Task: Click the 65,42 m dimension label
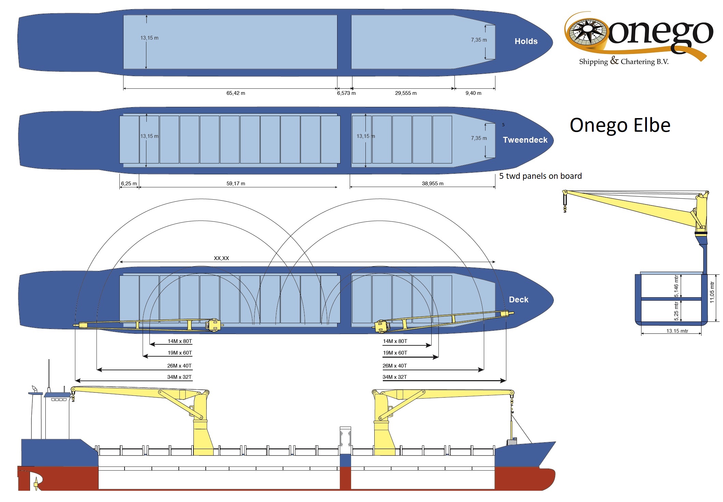tap(236, 93)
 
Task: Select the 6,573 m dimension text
tap(346, 93)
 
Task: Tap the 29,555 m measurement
tap(406, 93)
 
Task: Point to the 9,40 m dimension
tap(473, 93)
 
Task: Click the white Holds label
tap(526, 41)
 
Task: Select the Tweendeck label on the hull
tap(525, 140)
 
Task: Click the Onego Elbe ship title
tap(620, 125)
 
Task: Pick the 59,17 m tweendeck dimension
tap(236, 184)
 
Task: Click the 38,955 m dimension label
tap(433, 184)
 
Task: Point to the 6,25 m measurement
tap(129, 184)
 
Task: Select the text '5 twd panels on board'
tap(540, 176)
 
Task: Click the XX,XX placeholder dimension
tap(221, 258)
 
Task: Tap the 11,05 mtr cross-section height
tap(712, 292)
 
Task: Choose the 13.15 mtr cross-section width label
tap(677, 331)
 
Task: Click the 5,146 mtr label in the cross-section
tap(676, 286)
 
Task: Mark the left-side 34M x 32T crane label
tap(179, 377)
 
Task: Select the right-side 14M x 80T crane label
tap(395, 341)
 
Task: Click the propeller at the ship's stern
tap(36, 484)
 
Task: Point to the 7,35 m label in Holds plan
tap(479, 40)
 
